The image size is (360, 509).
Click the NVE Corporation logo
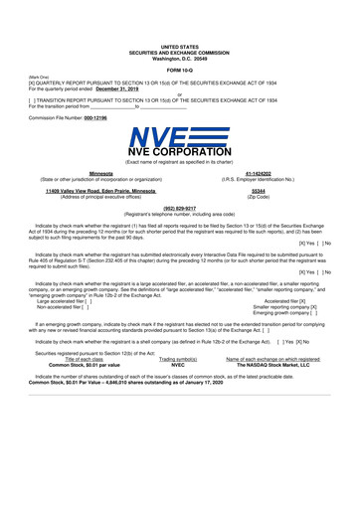tap(179, 156)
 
